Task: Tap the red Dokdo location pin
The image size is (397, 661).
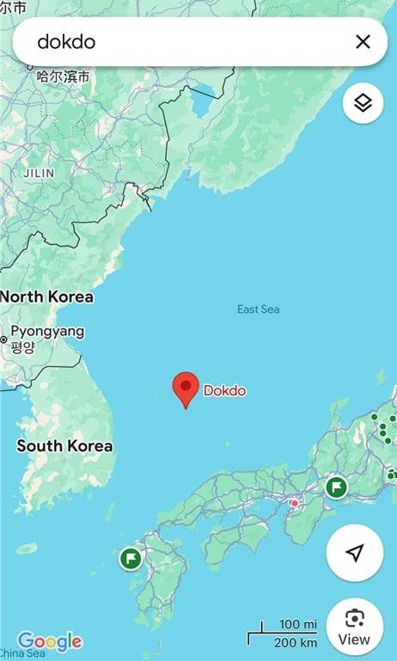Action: [186, 389]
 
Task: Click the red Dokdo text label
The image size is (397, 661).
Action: [224, 391]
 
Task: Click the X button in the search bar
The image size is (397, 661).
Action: [363, 41]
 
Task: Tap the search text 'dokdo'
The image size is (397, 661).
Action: [66, 41]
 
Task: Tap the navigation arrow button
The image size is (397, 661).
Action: [354, 553]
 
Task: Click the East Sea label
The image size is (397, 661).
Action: [259, 309]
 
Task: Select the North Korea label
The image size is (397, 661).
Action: [46, 297]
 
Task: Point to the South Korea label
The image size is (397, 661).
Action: [64, 446]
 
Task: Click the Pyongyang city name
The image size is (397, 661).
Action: [47, 331]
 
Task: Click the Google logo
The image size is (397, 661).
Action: [50, 641]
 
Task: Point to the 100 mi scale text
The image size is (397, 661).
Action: [298, 624]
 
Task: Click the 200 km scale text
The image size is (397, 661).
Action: [296, 642]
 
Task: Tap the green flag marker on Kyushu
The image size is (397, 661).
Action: [131, 559]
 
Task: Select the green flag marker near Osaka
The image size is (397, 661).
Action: [336, 488]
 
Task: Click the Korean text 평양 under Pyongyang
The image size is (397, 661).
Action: [23, 347]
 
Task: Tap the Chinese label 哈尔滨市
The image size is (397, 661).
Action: [64, 77]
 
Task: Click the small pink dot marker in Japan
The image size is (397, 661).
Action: [295, 503]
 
